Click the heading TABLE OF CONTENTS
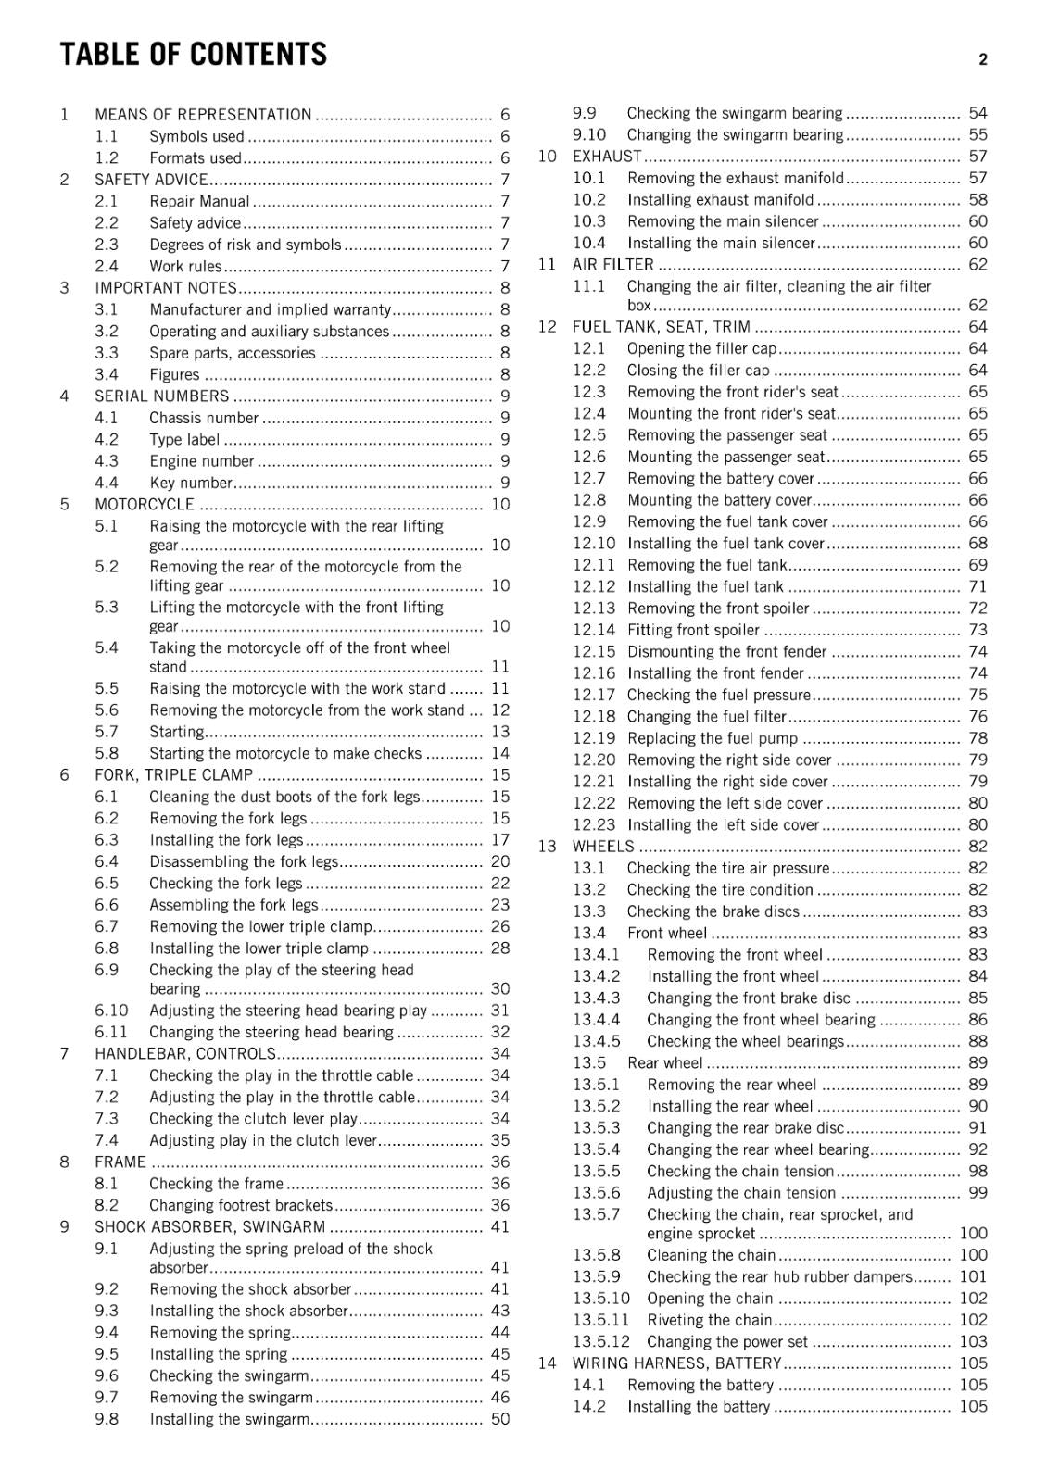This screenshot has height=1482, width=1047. [x=193, y=55]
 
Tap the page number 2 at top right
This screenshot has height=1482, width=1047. [x=982, y=60]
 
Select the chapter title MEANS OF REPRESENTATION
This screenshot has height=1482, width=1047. [x=203, y=115]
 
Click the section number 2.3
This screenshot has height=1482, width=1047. [x=107, y=245]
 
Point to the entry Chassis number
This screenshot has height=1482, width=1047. [x=204, y=418]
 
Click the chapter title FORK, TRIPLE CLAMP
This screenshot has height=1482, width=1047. [x=173, y=775]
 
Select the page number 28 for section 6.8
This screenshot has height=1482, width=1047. [x=500, y=948]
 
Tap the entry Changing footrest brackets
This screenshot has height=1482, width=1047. [x=240, y=1205]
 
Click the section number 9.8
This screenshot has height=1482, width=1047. [x=107, y=1419]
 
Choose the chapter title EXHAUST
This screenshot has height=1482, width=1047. [x=606, y=157]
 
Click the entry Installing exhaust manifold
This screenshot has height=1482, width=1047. [x=720, y=200]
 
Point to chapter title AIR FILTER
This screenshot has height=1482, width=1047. [x=612, y=265]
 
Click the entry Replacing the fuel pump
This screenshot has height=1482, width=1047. [x=712, y=738]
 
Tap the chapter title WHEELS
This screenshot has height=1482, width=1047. [x=603, y=847]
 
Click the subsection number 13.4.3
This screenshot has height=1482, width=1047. [x=596, y=998]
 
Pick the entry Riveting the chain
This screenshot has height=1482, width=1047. [x=709, y=1320]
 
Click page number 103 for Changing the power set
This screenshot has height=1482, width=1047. [x=973, y=1342]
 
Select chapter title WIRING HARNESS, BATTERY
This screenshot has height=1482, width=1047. [x=676, y=1363]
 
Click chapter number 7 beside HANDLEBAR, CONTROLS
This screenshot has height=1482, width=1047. [x=64, y=1054]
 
